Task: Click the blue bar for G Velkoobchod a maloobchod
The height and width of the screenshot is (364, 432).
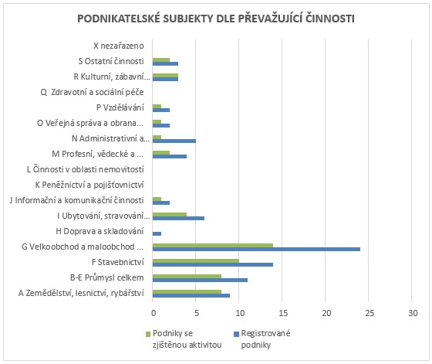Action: point(256,249)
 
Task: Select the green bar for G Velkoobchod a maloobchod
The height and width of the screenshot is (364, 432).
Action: point(213,246)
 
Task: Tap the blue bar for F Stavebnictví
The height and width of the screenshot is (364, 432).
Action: point(213,264)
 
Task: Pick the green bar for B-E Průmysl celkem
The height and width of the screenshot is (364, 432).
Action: point(187,277)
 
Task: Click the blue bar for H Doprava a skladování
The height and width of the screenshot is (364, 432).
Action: point(157,233)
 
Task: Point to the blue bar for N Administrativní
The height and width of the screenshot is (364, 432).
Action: point(174,141)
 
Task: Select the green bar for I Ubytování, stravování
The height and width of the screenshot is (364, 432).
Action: point(170,215)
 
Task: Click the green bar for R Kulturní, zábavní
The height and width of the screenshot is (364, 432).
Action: point(165,76)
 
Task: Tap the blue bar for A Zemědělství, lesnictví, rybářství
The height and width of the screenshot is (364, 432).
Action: point(191,295)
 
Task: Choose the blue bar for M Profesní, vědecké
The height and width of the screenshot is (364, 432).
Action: point(170,156)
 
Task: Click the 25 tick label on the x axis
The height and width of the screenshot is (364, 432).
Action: point(370,313)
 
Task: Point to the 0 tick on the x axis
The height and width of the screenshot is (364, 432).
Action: point(154,313)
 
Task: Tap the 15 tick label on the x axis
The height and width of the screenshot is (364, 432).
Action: point(283,313)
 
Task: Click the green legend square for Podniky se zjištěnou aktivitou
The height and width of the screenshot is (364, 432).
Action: point(148,334)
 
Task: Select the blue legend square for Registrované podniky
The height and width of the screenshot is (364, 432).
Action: point(236,334)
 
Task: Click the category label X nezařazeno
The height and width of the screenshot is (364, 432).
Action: point(119,46)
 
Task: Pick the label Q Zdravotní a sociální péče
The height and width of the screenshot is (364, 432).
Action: point(93,92)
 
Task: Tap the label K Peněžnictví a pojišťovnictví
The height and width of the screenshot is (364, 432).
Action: point(89,185)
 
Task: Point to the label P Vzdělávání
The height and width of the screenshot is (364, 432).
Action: point(120,107)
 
